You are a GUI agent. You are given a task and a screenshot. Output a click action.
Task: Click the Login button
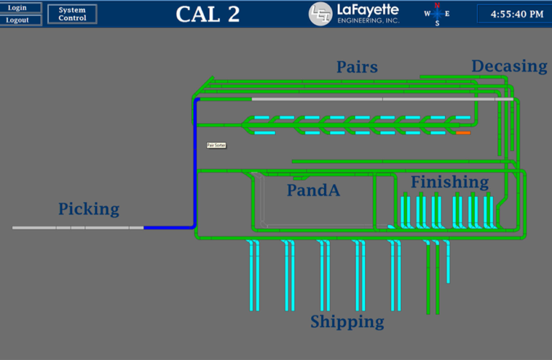click(x=17, y=8)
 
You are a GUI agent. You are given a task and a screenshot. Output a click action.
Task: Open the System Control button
click(x=72, y=14)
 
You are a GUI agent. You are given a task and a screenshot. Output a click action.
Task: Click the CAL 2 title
click(x=208, y=14)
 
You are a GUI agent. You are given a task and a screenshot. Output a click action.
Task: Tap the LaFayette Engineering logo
click(x=364, y=14)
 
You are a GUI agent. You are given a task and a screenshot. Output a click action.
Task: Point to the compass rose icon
click(x=437, y=14)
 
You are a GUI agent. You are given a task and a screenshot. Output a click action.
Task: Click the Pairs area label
click(x=357, y=68)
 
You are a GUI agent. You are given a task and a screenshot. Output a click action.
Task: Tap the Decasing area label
click(x=509, y=66)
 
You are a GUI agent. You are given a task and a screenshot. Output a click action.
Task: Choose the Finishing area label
click(x=449, y=182)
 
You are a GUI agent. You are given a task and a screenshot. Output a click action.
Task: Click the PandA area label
click(x=313, y=190)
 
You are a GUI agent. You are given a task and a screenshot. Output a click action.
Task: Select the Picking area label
click(x=88, y=209)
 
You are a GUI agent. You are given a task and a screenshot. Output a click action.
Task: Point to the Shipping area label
click(x=347, y=321)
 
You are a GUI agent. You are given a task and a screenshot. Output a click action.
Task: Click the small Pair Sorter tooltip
click(x=216, y=145)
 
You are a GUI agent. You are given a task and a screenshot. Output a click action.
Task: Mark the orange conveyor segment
click(x=463, y=133)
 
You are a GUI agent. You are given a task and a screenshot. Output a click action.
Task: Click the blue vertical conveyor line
click(x=196, y=165)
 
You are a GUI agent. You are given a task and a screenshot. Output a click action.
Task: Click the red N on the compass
click(x=437, y=5)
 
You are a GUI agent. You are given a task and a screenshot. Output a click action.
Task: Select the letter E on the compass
click(x=448, y=14)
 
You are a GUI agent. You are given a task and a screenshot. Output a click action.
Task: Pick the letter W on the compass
click(x=427, y=14)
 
